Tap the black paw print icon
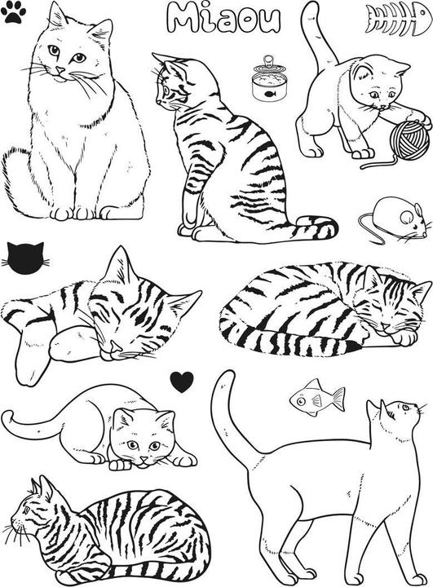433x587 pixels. (14, 14)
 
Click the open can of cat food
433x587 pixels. (267, 82)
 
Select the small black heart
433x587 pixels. (181, 382)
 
